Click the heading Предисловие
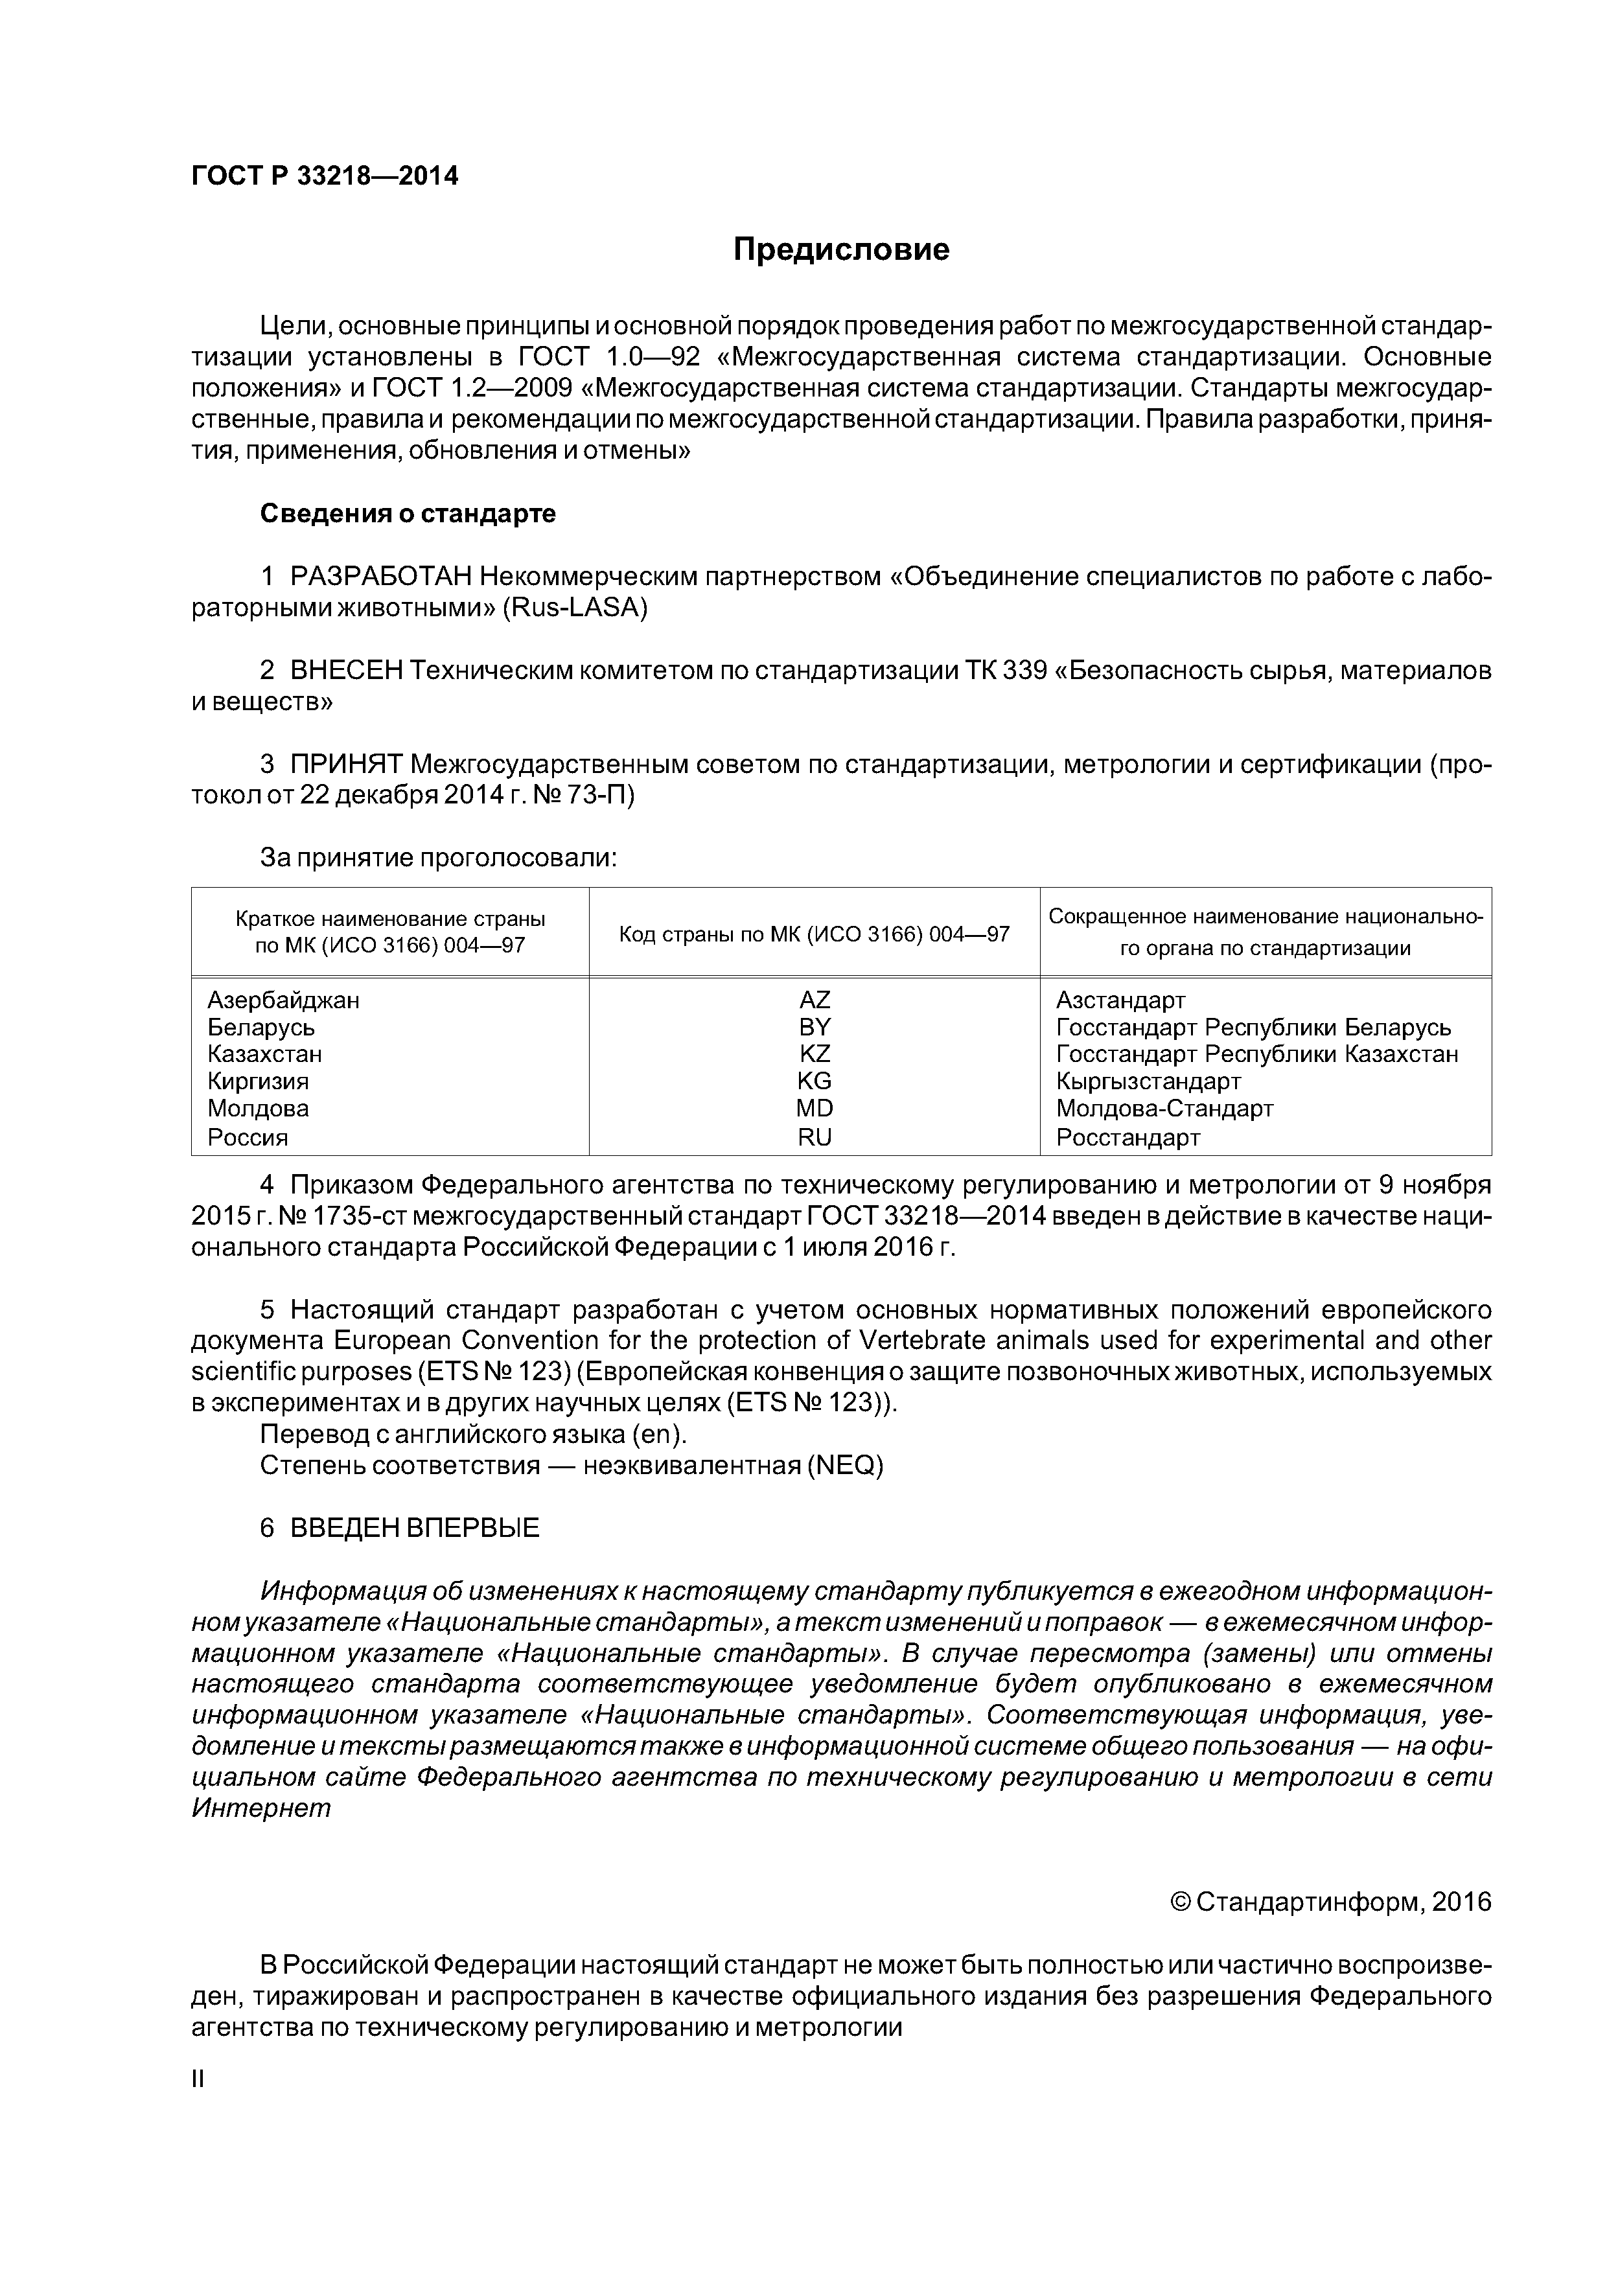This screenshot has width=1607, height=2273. click(840, 249)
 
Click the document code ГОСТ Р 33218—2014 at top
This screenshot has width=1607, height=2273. click(325, 176)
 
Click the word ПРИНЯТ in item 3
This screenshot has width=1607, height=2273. click(345, 765)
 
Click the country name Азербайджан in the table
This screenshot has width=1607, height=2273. click(283, 1000)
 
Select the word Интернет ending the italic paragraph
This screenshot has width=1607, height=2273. click(260, 1808)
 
